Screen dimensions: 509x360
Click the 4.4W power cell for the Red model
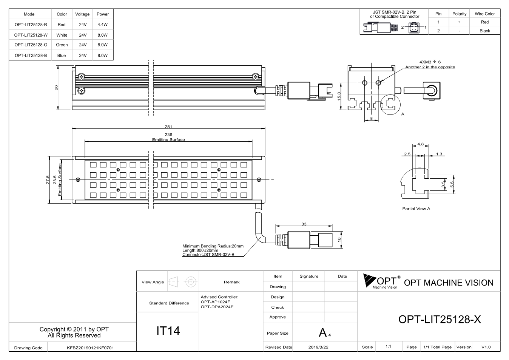(x=102, y=25)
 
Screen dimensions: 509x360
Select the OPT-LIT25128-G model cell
(x=31, y=45)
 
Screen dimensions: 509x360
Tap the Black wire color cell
(x=485, y=31)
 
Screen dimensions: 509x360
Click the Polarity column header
(x=459, y=14)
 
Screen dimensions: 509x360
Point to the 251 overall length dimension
(x=168, y=127)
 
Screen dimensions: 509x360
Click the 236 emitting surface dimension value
(x=168, y=134)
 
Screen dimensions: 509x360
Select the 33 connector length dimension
(x=304, y=224)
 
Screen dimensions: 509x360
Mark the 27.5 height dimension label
(x=48, y=179)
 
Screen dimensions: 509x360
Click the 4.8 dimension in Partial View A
(x=420, y=144)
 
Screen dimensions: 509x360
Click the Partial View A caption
(x=416, y=209)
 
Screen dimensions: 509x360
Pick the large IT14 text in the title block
(x=168, y=331)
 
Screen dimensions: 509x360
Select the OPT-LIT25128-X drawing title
(x=440, y=319)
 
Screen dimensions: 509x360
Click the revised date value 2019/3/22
(x=318, y=347)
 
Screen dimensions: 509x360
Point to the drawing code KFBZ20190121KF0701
(x=90, y=348)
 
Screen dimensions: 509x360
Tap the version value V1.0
(x=486, y=347)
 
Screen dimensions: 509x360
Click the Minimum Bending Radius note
(x=213, y=246)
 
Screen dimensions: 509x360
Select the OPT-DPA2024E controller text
(x=217, y=307)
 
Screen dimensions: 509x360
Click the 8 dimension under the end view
(x=371, y=118)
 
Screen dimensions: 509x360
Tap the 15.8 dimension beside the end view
(x=339, y=96)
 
